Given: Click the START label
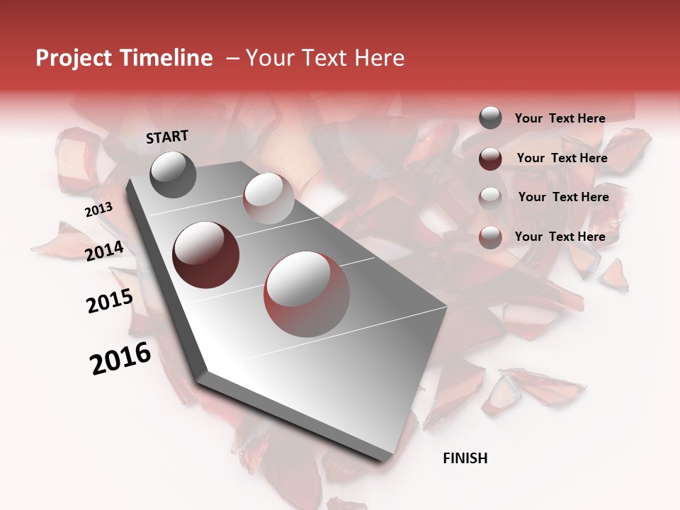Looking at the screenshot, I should click(167, 137).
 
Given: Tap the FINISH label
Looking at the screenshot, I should click(465, 458).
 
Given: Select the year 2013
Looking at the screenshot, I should click(98, 210).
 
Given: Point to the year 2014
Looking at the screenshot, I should click(105, 251).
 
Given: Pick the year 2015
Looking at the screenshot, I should click(110, 301).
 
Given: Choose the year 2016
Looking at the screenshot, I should click(120, 358).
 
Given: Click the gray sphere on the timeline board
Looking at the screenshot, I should click(173, 174).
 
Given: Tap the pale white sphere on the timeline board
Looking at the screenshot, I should click(268, 198).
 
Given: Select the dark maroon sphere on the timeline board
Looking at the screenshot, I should click(206, 255).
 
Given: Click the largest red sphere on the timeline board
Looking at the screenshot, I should click(307, 294).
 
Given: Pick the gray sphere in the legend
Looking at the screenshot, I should click(490, 118).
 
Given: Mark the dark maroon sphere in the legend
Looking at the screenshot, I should click(490, 159).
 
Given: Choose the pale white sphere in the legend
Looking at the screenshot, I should click(490, 198).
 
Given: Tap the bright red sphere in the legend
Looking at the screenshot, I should click(490, 237).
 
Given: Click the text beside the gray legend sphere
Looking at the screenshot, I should click(560, 119).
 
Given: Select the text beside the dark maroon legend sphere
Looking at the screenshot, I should click(562, 158).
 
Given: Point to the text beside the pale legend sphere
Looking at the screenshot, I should click(563, 197).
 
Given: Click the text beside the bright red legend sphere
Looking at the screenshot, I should click(560, 237).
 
